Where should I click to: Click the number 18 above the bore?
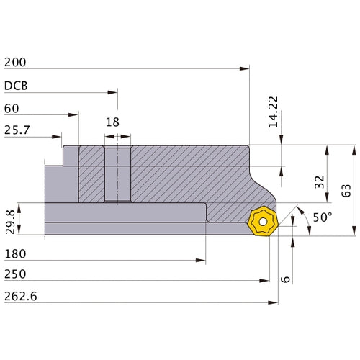pos(112,122)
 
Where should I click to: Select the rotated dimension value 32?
pos(319,182)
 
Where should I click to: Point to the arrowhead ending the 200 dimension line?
pos(246,68)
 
